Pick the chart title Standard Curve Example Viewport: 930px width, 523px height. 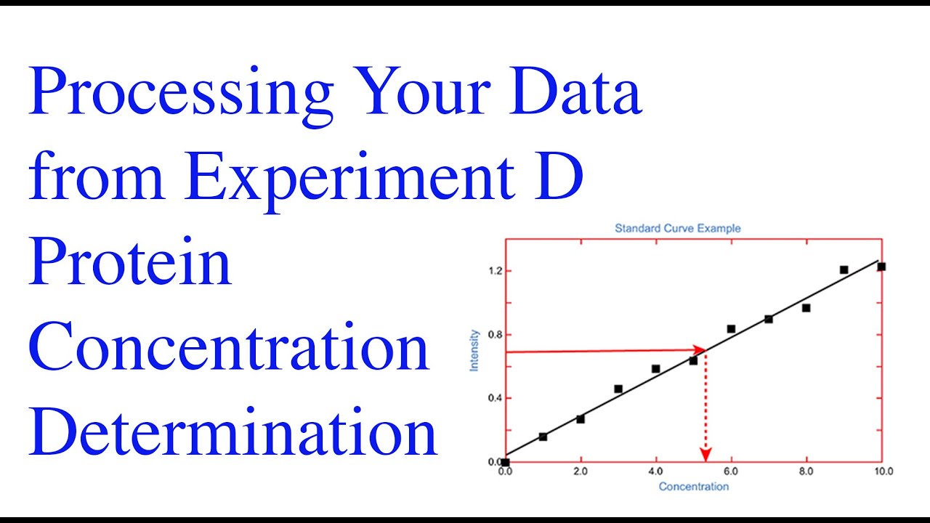click(x=677, y=228)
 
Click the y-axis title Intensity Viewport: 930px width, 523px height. click(x=474, y=350)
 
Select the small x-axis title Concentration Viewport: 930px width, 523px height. click(x=693, y=487)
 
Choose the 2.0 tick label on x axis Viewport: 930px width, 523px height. click(x=580, y=471)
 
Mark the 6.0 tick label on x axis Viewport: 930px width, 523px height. click(x=731, y=471)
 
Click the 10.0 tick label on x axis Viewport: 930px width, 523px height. click(x=882, y=471)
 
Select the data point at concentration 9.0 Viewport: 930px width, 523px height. click(x=844, y=269)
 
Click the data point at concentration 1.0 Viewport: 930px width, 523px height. click(x=543, y=437)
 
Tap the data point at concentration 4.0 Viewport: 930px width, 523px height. click(x=655, y=369)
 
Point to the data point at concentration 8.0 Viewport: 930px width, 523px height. click(x=806, y=308)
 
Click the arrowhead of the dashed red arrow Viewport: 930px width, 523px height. click(x=705, y=455)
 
